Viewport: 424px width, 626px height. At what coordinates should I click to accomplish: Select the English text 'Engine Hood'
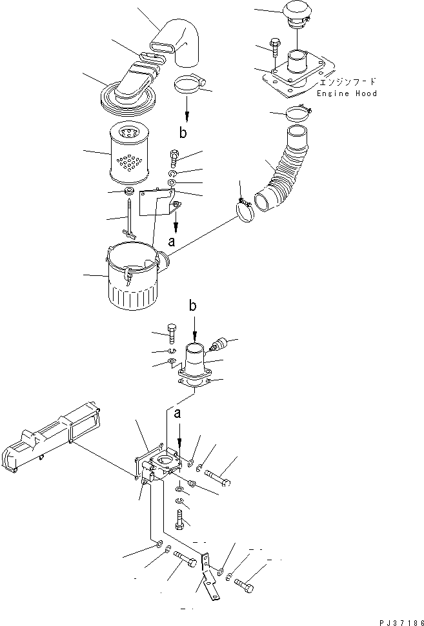(347, 93)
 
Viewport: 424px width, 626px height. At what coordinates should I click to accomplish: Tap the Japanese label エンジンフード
(347, 83)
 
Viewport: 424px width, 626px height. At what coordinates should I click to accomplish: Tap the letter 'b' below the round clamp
(184, 133)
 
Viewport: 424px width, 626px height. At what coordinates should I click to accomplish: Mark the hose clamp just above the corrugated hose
(299, 113)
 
